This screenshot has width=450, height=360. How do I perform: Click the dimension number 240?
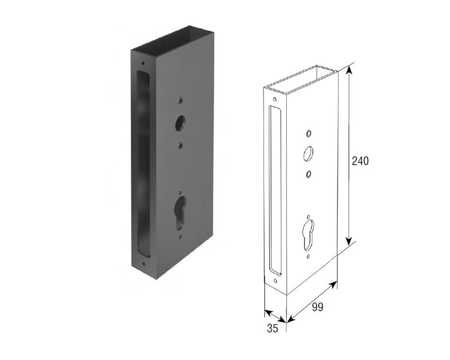coord(360,161)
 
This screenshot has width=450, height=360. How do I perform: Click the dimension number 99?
coord(317,307)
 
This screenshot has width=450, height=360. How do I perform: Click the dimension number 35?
coord(272,328)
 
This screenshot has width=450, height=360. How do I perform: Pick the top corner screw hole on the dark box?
coord(143,63)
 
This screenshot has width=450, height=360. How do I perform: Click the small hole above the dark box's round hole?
coord(180,100)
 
